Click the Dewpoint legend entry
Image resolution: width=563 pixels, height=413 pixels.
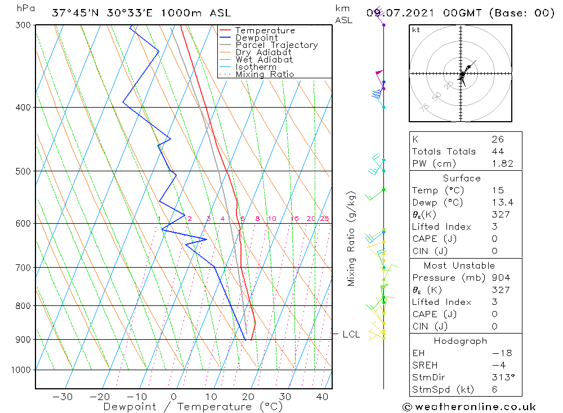(x=256, y=38)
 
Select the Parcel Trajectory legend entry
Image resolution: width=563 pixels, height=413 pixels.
(x=276, y=45)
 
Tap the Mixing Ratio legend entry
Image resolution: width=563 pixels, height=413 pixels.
(x=265, y=74)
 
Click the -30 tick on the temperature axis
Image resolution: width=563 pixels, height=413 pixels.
(x=62, y=397)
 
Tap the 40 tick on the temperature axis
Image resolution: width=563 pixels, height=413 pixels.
(x=322, y=397)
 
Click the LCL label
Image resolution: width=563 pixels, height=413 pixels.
(x=351, y=335)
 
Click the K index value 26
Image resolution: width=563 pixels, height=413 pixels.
(x=497, y=139)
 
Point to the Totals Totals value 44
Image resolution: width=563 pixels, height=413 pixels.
(x=497, y=151)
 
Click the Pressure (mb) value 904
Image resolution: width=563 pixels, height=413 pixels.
(x=501, y=278)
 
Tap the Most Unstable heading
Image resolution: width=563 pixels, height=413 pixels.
(x=460, y=265)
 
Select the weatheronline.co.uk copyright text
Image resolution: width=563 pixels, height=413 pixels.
(x=469, y=406)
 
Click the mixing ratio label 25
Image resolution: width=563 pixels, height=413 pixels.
(x=324, y=219)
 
